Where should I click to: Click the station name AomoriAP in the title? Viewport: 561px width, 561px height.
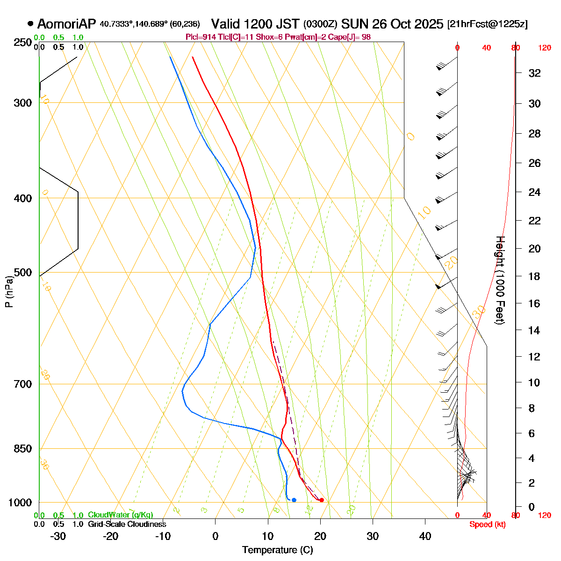pos(66,24)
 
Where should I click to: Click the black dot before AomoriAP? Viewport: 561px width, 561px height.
pos(31,24)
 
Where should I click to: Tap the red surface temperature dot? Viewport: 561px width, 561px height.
pos(321,500)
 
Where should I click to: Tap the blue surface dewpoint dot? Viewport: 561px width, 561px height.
pos(294,500)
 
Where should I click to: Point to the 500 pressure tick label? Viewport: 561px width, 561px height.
pos(23,273)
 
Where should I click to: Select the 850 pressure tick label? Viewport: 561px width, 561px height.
pos(23,449)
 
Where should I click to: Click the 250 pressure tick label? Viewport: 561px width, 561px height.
pos(23,43)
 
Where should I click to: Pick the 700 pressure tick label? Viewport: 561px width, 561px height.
pos(23,384)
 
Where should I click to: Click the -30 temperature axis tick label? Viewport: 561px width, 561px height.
pos(58,536)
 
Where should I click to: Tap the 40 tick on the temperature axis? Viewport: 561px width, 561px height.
pos(425,536)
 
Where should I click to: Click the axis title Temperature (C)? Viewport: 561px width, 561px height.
pos(277,550)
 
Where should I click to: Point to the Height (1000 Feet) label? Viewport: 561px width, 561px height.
pos(500,280)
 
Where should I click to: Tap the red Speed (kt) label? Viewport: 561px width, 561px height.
pos(488,525)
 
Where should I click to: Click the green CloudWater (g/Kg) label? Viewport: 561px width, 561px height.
pos(120,515)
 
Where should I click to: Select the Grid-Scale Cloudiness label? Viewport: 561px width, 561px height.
pos(127,525)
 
